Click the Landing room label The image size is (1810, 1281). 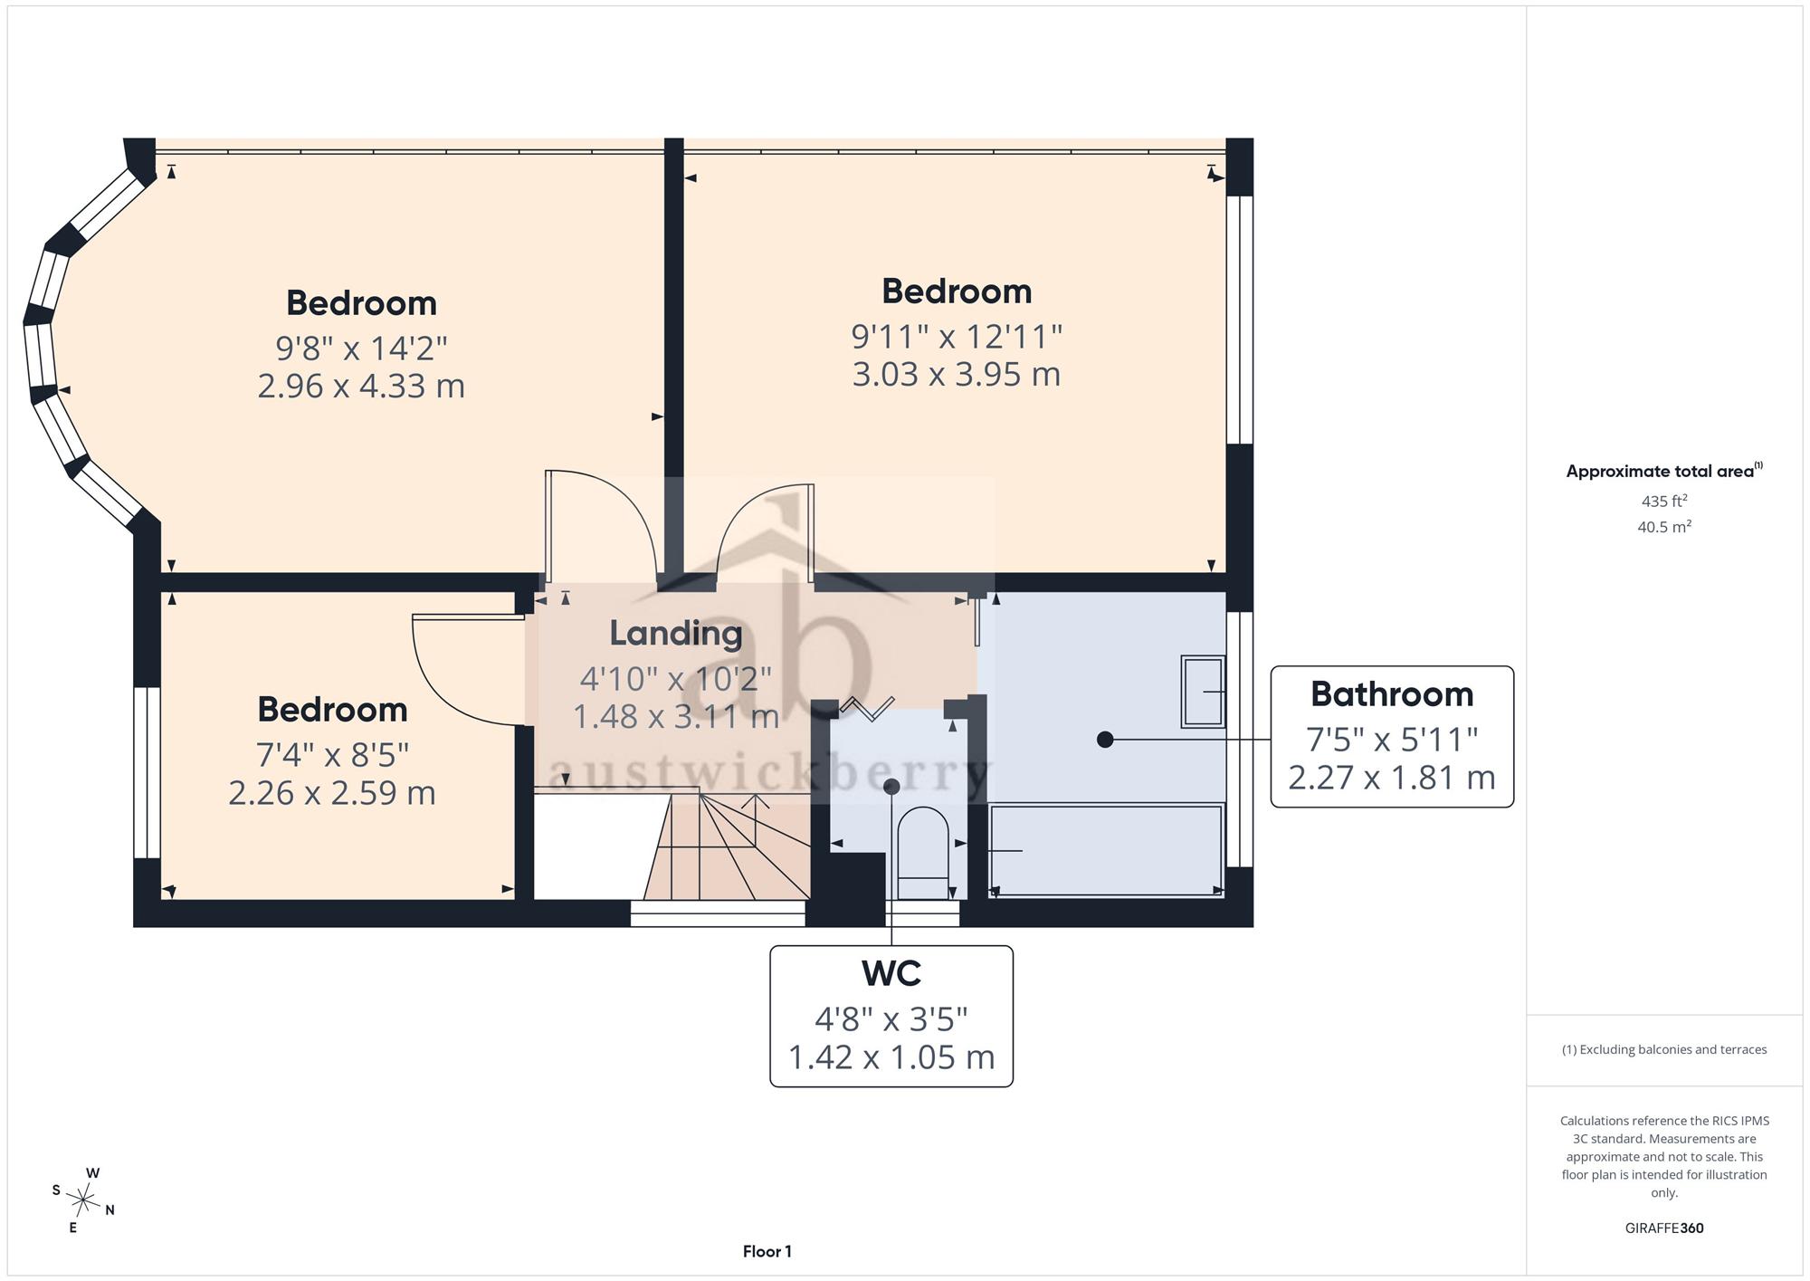click(675, 633)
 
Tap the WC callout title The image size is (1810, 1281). click(891, 973)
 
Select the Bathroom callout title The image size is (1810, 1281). click(1392, 694)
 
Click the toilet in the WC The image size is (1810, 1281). click(923, 852)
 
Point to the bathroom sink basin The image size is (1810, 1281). click(1203, 692)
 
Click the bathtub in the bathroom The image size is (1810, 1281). click(1106, 850)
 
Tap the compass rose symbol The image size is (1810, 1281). click(83, 1201)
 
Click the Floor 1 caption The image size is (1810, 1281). click(767, 1252)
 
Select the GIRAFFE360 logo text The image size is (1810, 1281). click(1664, 1228)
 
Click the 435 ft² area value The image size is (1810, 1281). click(1664, 501)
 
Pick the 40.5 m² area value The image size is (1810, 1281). click(1664, 526)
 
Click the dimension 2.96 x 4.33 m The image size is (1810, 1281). click(361, 387)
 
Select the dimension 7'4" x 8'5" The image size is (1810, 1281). click(332, 754)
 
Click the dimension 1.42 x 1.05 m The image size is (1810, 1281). click(891, 1057)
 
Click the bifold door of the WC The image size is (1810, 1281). click(867, 708)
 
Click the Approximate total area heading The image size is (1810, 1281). click(1664, 471)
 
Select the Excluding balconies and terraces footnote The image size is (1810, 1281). click(1664, 1050)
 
